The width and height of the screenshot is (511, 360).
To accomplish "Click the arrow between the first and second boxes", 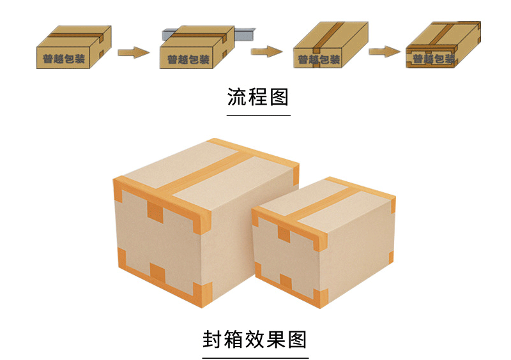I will coord(133,51).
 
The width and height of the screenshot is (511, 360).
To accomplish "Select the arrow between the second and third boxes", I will coord(266,50).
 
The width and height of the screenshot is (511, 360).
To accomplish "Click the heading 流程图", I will coord(258,97).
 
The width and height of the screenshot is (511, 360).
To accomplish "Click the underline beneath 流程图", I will coord(258,116).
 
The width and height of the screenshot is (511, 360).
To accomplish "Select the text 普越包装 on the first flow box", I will coord(64,59).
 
